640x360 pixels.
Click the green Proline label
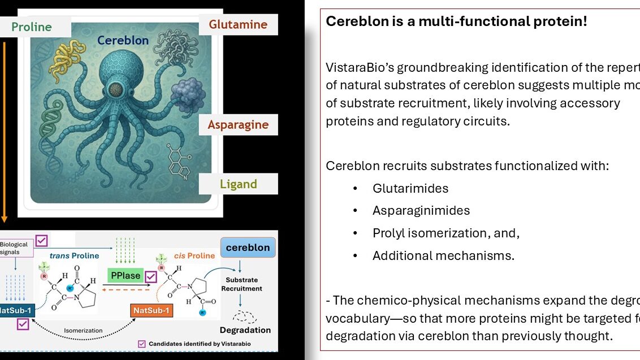[x=31, y=27]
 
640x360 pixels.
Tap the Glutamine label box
[x=238, y=24]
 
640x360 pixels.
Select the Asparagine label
[x=238, y=124]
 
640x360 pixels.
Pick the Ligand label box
[x=238, y=184]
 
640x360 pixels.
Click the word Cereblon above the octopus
[x=123, y=41]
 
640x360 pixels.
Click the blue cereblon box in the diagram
[x=248, y=248]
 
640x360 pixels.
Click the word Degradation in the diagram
[x=245, y=329]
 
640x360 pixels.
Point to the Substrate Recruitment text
[x=241, y=284]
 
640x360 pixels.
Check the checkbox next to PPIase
[x=150, y=277]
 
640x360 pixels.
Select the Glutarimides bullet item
[x=410, y=188]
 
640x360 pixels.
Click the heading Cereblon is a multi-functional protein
[x=456, y=22]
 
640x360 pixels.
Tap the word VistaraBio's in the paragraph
[x=359, y=67]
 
